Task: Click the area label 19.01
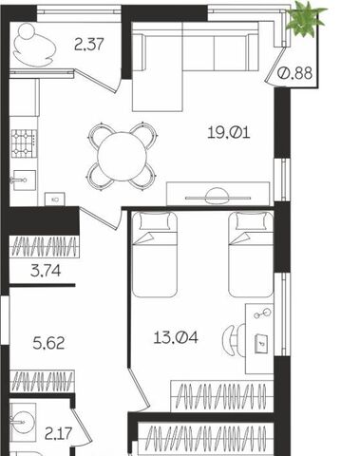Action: [229, 132]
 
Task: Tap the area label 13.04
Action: [176, 337]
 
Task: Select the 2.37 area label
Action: [89, 44]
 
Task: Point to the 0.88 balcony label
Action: [294, 73]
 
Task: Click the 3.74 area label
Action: [46, 271]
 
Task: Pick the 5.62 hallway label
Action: [48, 343]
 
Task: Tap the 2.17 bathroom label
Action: [59, 433]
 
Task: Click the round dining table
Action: [123, 157]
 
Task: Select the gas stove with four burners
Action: [24, 143]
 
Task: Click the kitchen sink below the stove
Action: [24, 180]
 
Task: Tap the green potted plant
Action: [305, 20]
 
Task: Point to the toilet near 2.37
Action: [33, 46]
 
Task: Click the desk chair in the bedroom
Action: [234, 339]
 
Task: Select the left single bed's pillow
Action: [155, 221]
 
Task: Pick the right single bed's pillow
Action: [252, 221]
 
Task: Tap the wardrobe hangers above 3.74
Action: [44, 247]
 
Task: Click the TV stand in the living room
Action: [218, 194]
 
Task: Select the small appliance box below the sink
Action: [54, 199]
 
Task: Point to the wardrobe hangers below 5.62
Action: [42, 381]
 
